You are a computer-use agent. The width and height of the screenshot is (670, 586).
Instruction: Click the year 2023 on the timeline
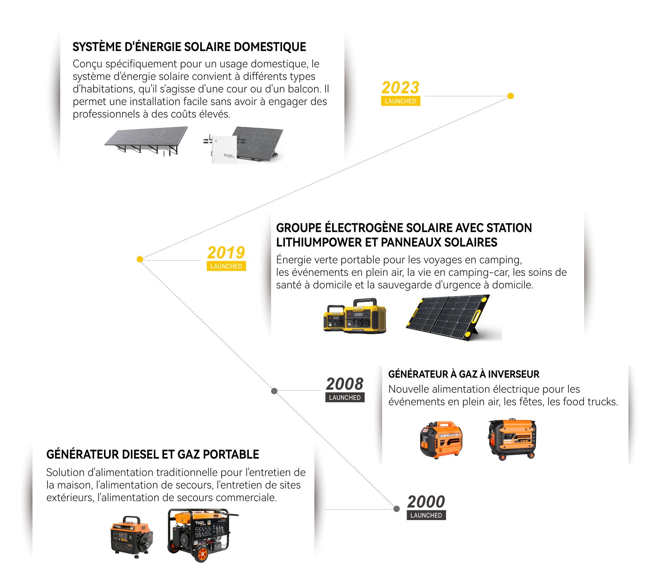point(400,88)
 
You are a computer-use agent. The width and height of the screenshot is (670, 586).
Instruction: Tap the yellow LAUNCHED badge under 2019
point(226,266)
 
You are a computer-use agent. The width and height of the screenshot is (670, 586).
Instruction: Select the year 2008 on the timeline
point(345,384)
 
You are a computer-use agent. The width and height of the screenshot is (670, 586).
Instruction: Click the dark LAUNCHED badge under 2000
point(426,515)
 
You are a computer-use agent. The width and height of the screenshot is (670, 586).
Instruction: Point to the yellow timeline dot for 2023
point(511,96)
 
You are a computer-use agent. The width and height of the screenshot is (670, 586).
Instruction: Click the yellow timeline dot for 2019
point(140,259)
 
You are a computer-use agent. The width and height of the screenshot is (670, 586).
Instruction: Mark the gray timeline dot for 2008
point(274,391)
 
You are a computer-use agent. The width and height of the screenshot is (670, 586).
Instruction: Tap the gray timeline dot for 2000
point(396,509)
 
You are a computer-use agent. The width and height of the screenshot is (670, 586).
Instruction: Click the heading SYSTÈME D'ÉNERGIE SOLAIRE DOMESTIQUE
point(189,47)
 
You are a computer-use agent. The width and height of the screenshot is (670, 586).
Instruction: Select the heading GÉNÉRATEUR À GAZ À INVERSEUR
point(463,374)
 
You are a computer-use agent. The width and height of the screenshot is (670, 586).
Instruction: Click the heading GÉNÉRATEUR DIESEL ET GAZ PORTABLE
point(152,454)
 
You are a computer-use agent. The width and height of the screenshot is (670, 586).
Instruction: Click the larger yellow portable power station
point(365,316)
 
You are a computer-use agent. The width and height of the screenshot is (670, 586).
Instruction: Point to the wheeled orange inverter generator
point(512,439)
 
